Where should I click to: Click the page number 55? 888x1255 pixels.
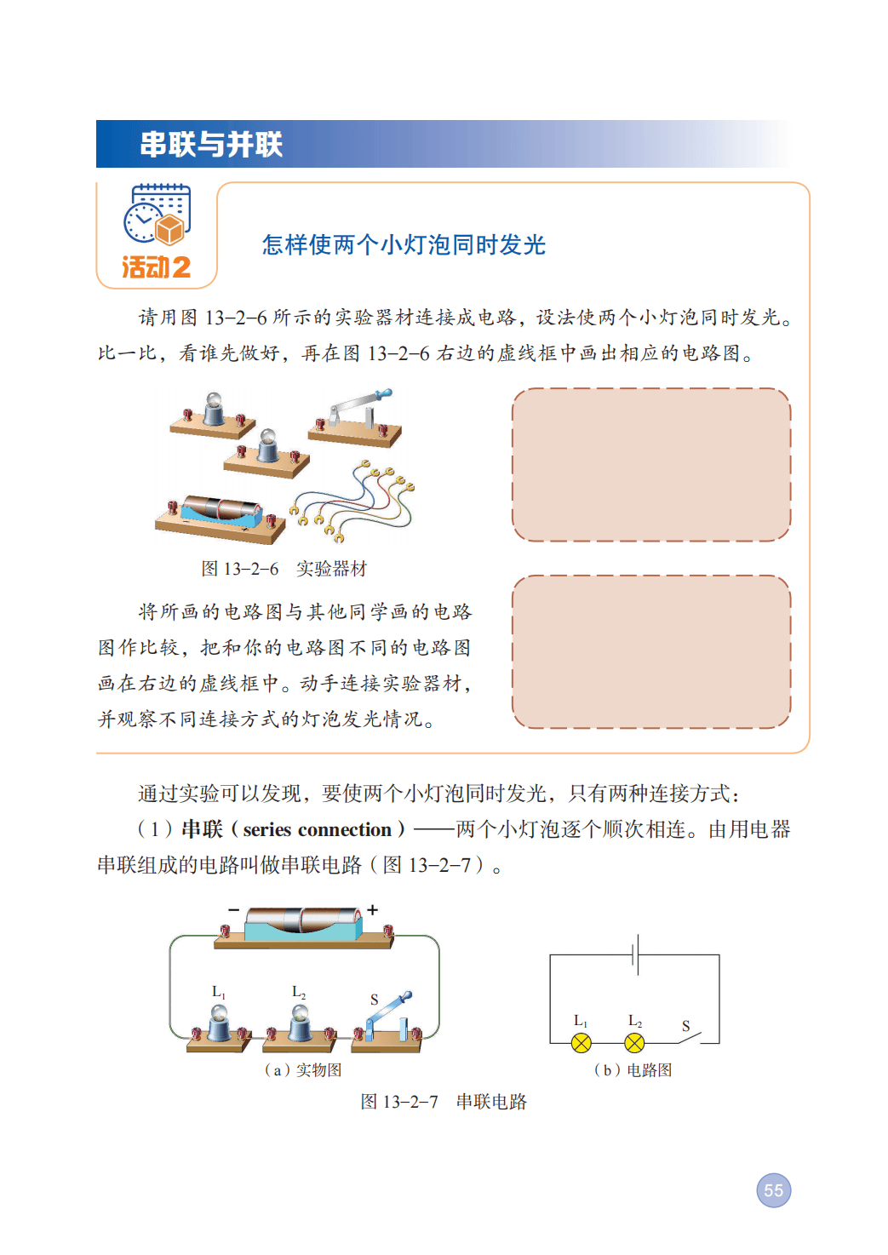tap(773, 1190)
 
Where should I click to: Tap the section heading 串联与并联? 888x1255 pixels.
tap(211, 145)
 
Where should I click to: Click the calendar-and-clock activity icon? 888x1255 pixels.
tap(158, 215)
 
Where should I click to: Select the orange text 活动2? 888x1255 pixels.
tap(157, 267)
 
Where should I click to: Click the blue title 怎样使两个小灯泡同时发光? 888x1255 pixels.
tap(404, 245)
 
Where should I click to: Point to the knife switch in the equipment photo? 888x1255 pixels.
tap(355, 419)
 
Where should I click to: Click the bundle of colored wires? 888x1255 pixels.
tap(352, 501)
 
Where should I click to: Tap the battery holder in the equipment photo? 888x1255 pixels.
tap(221, 519)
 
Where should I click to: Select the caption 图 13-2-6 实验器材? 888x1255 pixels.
tap(284, 569)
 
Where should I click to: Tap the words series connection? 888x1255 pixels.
tap(317, 829)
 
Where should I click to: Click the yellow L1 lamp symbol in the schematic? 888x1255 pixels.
tap(581, 1043)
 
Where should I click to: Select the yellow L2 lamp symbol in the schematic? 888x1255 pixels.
tap(634, 1043)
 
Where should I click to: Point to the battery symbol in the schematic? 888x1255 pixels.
tap(635, 954)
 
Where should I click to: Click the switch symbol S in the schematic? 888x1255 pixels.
tap(689, 1038)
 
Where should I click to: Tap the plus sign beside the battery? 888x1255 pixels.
tap(372, 910)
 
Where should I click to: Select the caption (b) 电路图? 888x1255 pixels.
tap(633, 1070)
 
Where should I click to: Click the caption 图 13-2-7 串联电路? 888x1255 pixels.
tap(444, 1102)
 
